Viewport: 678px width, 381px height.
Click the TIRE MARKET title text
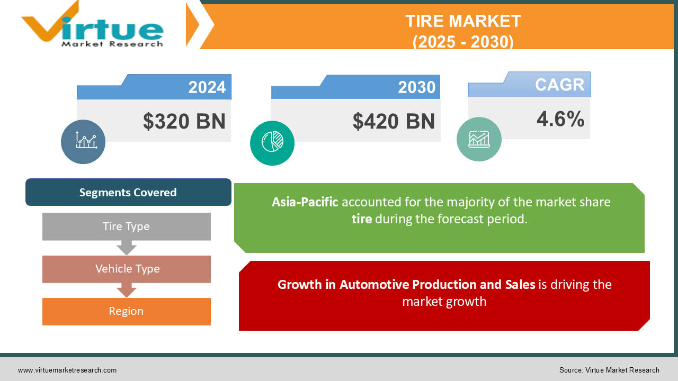coord(463,21)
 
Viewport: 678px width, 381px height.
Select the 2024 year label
coord(207,87)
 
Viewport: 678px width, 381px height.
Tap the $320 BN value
coord(184,121)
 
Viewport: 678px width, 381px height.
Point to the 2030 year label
coord(417,87)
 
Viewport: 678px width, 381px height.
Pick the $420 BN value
coord(394,121)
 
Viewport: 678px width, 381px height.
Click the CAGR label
coord(559,85)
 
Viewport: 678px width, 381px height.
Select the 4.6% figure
coord(560,119)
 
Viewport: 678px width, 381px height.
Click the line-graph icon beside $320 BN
coord(83,141)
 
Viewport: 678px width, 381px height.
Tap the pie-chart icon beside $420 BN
coord(272,143)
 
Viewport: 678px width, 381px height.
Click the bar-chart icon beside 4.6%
coord(479,139)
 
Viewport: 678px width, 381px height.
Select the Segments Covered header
coord(128,192)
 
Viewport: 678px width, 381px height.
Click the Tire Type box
coord(127,226)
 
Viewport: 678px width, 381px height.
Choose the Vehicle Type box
coord(127,269)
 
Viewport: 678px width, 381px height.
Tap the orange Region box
coord(127,311)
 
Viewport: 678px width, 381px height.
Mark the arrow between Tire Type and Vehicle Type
coord(127,248)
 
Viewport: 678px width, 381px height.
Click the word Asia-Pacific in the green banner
coord(305,202)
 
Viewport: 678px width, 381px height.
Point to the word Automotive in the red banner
coord(374,285)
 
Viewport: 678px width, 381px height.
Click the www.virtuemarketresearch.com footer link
coord(67,370)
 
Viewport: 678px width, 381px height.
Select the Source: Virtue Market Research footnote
coord(609,370)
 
